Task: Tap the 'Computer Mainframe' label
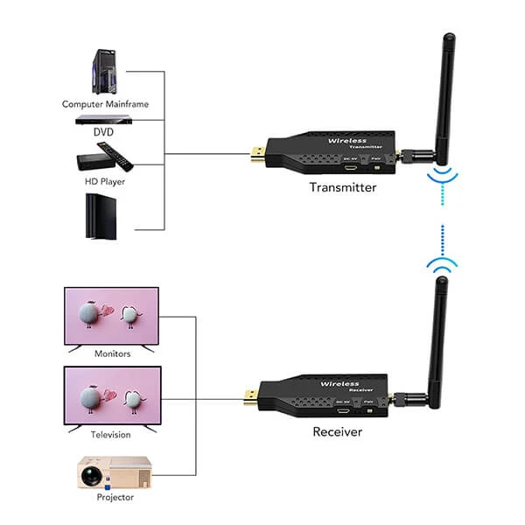[x=105, y=104]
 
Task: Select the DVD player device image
[x=104, y=121]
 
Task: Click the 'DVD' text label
[x=104, y=133]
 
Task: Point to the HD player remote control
[x=121, y=157]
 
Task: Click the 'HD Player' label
[x=104, y=182]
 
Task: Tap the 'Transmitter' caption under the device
[x=342, y=187]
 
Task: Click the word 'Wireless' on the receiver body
[x=339, y=384]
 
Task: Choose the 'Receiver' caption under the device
[x=337, y=431]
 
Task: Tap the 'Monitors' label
[x=111, y=353]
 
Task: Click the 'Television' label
[x=110, y=434]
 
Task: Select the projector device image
[x=112, y=473]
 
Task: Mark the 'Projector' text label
[x=115, y=497]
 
